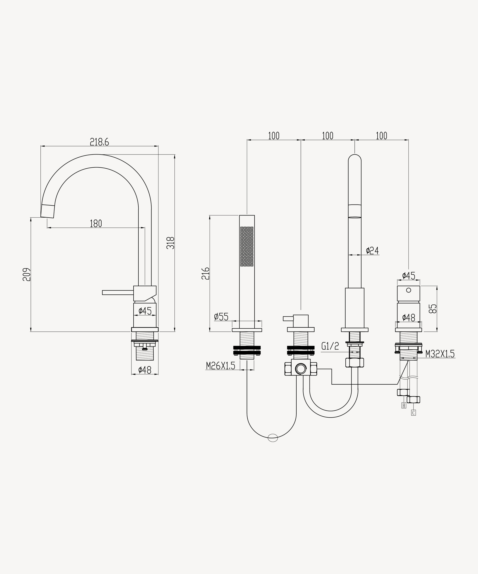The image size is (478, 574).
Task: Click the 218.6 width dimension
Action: tap(99, 142)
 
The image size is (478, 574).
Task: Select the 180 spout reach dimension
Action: tap(96, 223)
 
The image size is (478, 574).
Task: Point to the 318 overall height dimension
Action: tap(170, 243)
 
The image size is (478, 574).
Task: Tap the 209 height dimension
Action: tap(27, 274)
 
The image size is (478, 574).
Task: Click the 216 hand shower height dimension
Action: tap(205, 273)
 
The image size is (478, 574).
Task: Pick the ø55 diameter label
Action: tap(221, 317)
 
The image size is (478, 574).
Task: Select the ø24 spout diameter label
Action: tap(372, 250)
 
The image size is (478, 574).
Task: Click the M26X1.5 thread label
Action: tap(220, 366)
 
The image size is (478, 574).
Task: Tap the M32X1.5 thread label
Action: tap(440, 354)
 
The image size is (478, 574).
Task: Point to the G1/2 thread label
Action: tap(330, 346)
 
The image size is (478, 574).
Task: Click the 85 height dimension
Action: tap(433, 309)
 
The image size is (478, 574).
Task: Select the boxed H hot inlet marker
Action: tap(404, 406)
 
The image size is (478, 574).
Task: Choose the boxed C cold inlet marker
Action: tap(413, 413)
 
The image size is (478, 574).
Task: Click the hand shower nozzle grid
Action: tap(247, 246)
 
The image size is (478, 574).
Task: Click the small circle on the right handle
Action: tap(409, 290)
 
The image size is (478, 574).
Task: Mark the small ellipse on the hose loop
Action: tap(273, 438)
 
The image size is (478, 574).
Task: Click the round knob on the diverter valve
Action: tap(301, 369)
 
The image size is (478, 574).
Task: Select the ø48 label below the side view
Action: tap(145, 370)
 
